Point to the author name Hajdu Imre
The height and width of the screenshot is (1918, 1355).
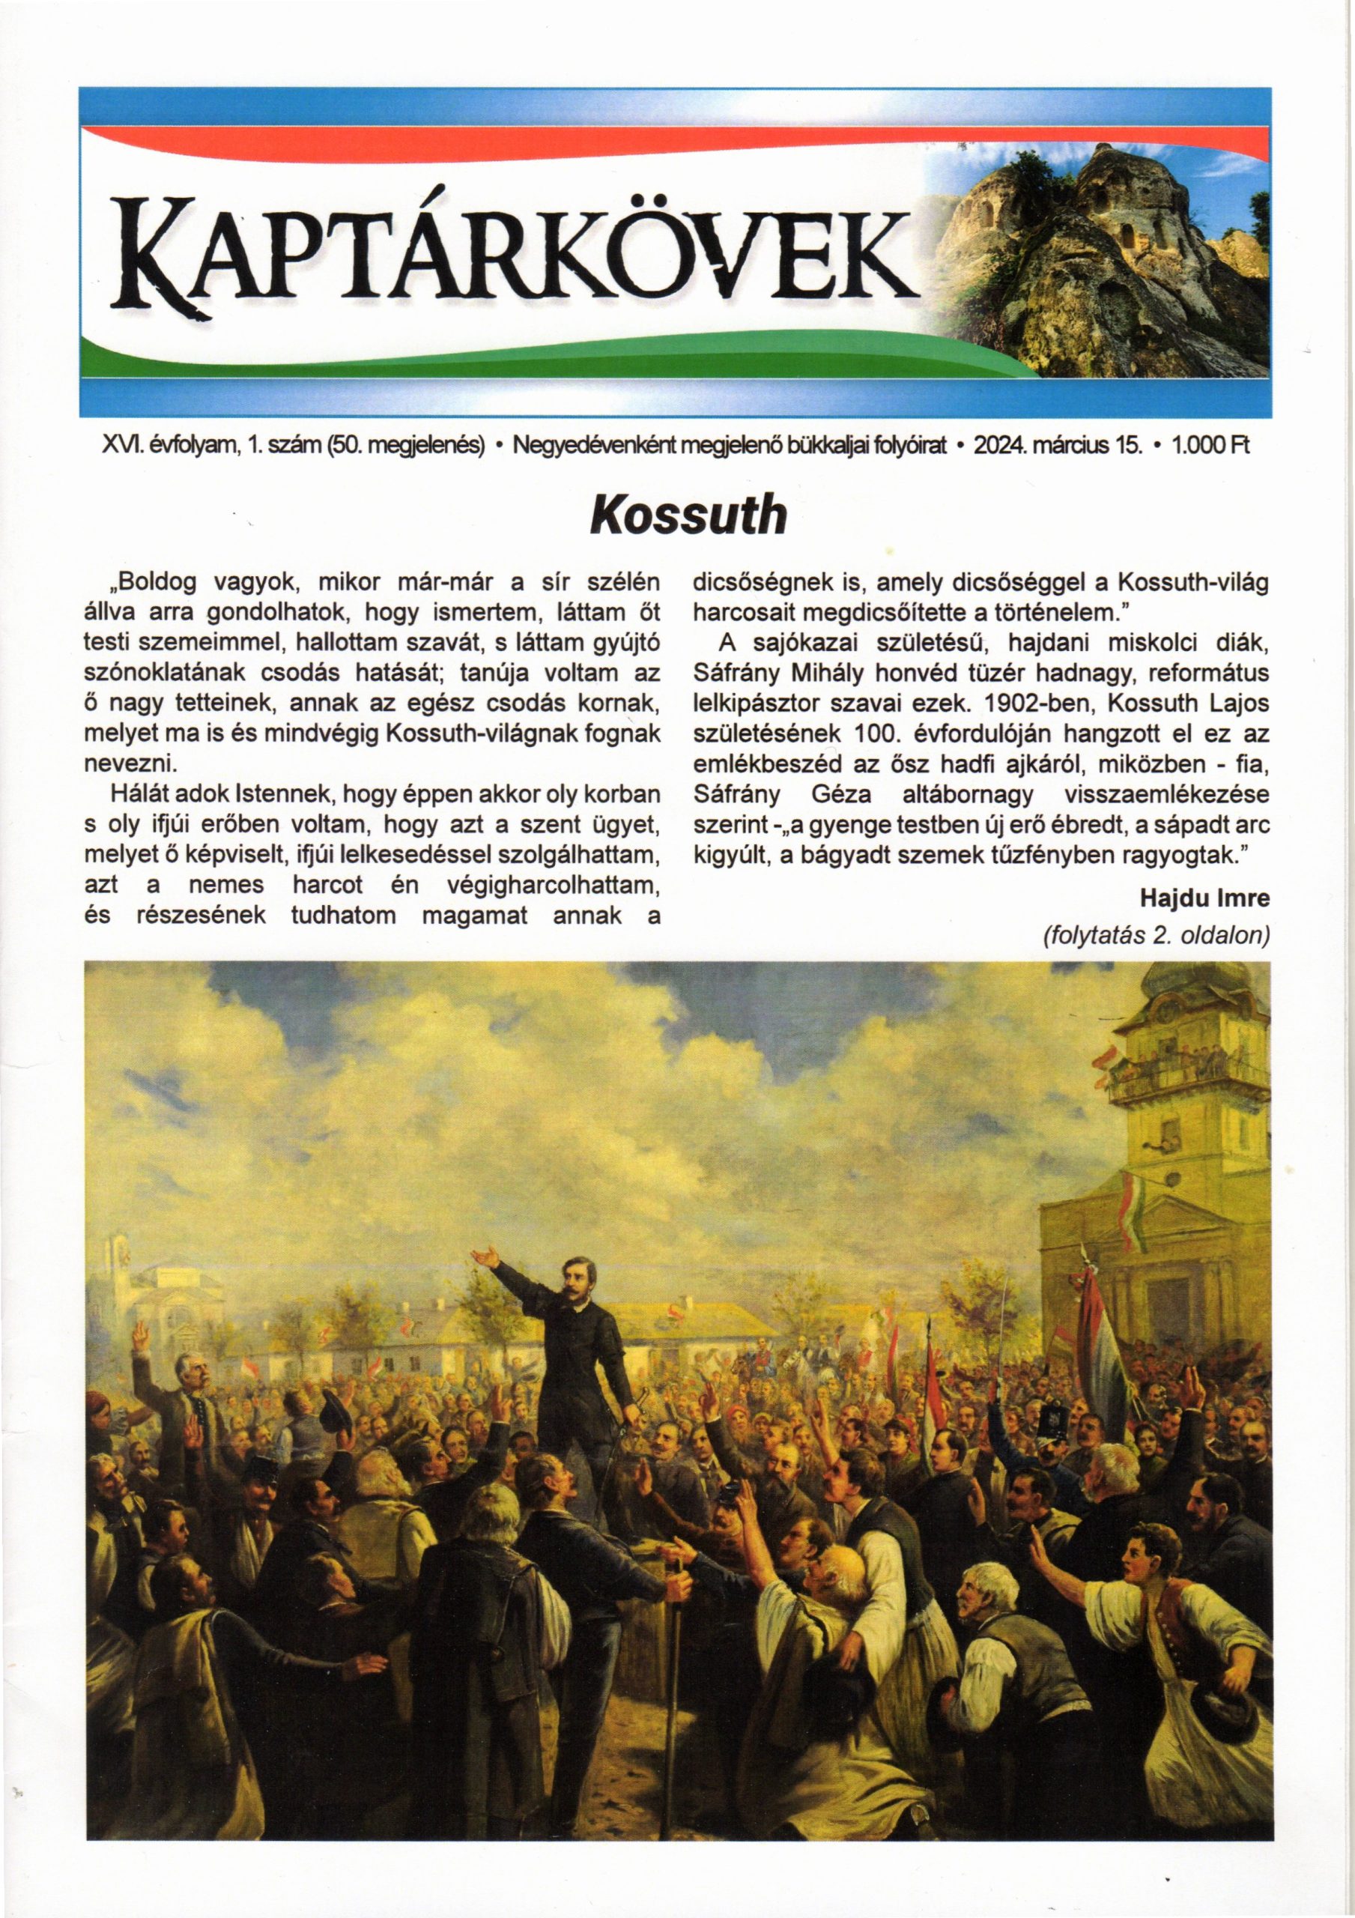click(x=1204, y=898)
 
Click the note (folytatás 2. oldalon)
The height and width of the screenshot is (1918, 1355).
click(x=1157, y=936)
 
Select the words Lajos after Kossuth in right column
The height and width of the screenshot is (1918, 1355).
click(x=1241, y=704)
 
